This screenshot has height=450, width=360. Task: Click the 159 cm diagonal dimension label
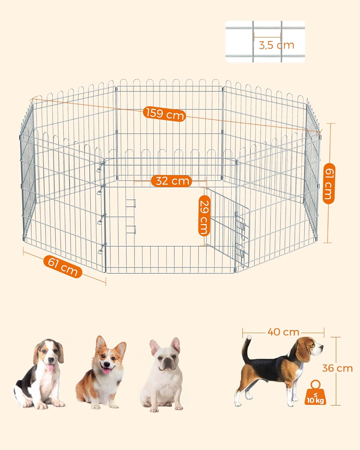164,114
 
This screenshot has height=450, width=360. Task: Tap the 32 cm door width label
171,181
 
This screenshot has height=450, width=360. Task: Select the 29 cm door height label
204,215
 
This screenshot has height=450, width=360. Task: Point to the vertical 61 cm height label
328,184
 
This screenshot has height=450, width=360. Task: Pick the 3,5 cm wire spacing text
276,45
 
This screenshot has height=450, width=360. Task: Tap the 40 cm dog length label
283,332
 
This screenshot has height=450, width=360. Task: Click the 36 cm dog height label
337,368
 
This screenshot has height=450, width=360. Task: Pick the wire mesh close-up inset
265,41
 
